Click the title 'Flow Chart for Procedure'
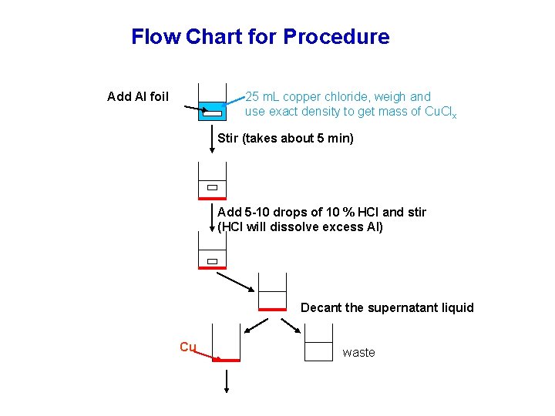(x=260, y=36)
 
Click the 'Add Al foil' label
(x=138, y=96)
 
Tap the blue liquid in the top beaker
(x=212, y=112)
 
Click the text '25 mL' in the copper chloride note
(x=263, y=96)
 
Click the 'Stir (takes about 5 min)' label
(x=285, y=139)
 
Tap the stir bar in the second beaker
(x=212, y=187)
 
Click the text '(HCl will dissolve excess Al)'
(x=300, y=226)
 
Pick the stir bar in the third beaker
(x=212, y=261)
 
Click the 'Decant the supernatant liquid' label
(x=387, y=307)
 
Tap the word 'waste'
(x=358, y=352)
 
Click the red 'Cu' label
(x=187, y=347)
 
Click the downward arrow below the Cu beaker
(x=227, y=381)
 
